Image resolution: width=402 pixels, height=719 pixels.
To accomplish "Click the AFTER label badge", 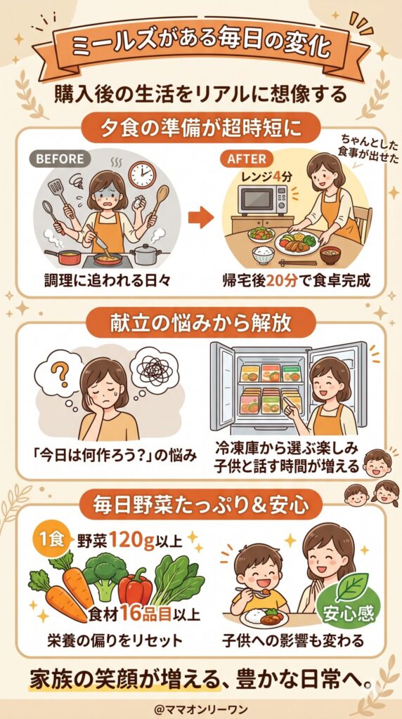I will [247, 159].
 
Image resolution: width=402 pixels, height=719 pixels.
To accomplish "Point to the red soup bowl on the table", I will [332, 252].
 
